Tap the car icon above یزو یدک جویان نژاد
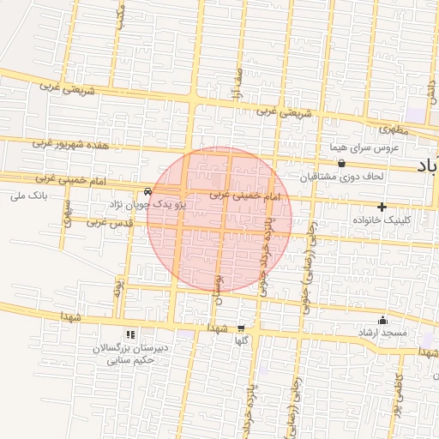tap(148, 191)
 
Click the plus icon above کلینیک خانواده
tap(382, 207)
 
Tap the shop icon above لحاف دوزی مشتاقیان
tap(341, 164)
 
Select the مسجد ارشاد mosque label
tap(382, 331)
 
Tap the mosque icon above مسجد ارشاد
tap(382, 320)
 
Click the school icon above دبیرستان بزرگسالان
tap(129, 334)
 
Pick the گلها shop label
tap(242, 340)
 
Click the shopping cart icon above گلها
tap(240, 328)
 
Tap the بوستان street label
tap(217, 288)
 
